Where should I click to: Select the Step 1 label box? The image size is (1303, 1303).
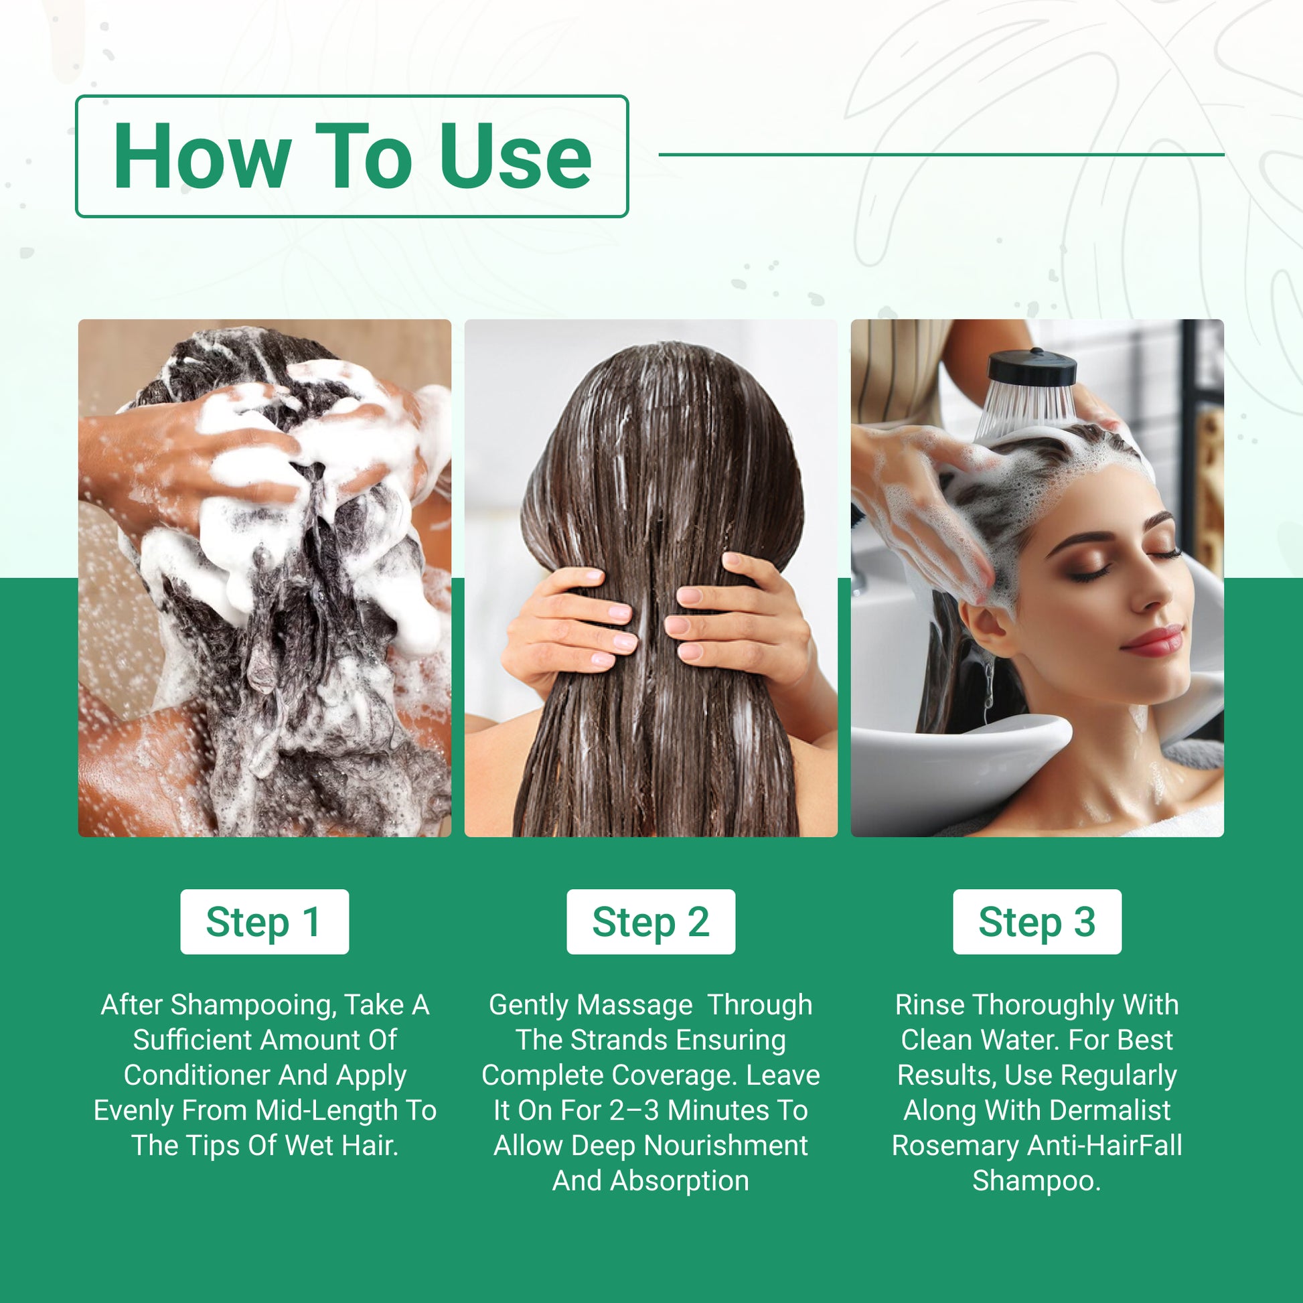pyautogui.click(x=264, y=922)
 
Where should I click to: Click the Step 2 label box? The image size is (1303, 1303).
pyautogui.click(x=651, y=922)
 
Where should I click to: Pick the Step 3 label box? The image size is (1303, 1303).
pyautogui.click(x=1037, y=922)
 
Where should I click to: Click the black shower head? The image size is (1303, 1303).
pyautogui.click(x=1032, y=368)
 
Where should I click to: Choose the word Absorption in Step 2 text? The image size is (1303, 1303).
pyautogui.click(x=680, y=1181)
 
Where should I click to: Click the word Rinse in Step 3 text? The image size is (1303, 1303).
pyautogui.click(x=930, y=1006)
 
